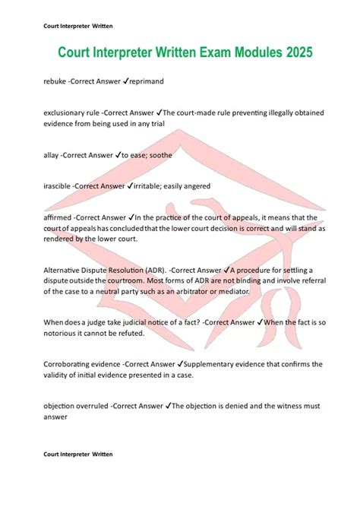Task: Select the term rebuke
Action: coord(55,80)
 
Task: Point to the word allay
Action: coord(51,154)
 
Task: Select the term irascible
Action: coord(58,185)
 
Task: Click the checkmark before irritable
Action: coord(131,185)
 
